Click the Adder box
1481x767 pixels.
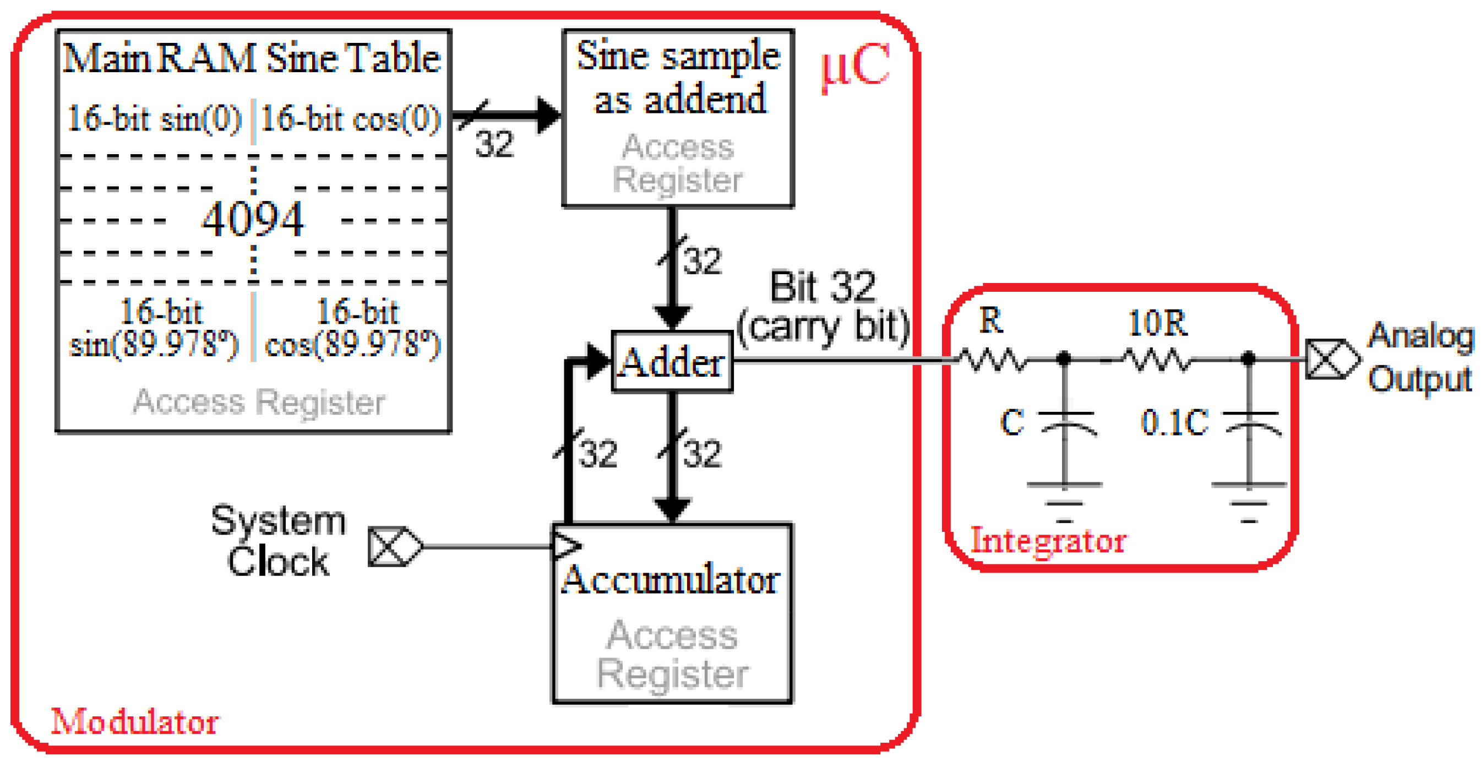(672, 362)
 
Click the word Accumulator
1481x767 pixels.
(671, 580)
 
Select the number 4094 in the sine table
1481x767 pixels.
(252, 220)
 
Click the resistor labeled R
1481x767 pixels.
(991, 360)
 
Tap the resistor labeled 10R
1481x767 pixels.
(1157, 360)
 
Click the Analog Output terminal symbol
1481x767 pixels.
(1331, 360)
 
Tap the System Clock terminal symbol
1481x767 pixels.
(394, 546)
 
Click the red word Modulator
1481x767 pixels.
(134, 722)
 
